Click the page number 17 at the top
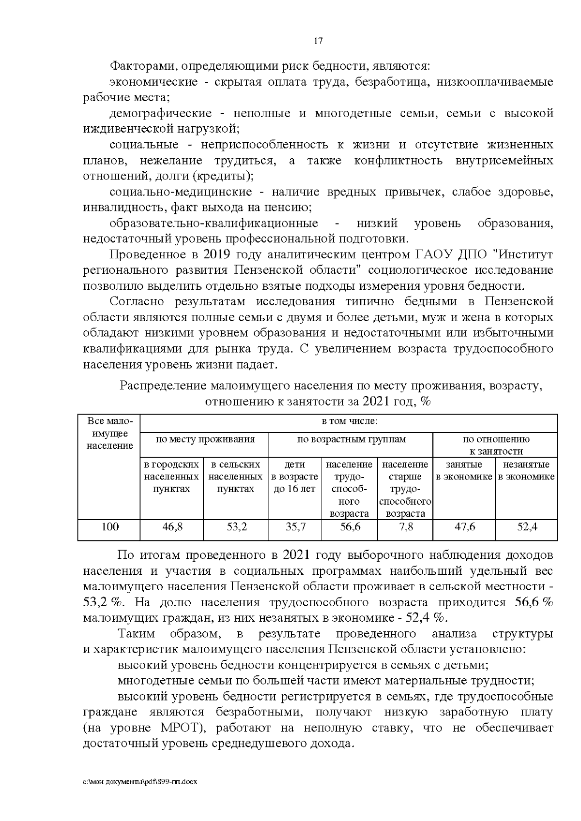(x=318, y=41)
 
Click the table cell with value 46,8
(x=172, y=527)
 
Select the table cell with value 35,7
(x=295, y=527)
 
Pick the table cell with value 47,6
(x=464, y=527)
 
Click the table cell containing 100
(x=109, y=527)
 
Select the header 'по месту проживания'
(x=204, y=439)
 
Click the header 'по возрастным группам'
(x=351, y=439)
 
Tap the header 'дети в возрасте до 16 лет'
(x=294, y=477)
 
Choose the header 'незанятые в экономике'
(x=526, y=470)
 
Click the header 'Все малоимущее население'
(x=109, y=433)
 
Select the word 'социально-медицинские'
(x=181, y=192)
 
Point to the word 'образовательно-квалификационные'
(x=214, y=224)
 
